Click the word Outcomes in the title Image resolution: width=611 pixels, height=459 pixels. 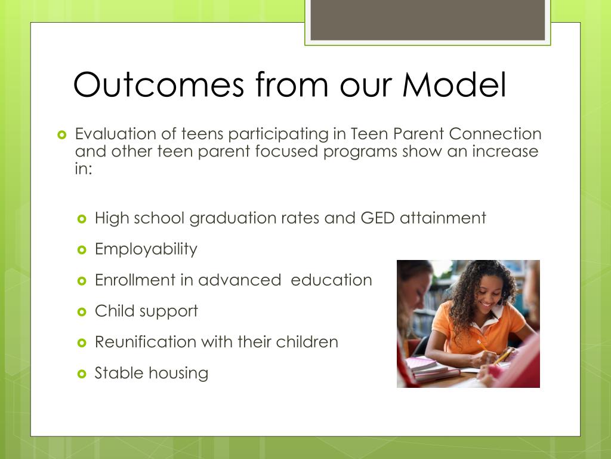click(159, 84)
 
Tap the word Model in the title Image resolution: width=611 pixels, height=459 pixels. click(454, 84)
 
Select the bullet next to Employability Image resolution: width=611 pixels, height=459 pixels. click(82, 249)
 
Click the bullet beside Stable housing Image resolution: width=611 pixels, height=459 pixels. click(82, 374)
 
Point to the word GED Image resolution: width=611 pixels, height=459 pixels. click(378, 218)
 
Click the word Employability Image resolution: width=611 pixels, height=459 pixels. click(146, 249)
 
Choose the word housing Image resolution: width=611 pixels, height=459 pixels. click(178, 373)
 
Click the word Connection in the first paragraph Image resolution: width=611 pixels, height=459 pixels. click(495, 134)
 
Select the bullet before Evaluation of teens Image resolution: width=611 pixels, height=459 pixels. click(62, 135)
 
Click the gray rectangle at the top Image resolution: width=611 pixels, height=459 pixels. click(427, 20)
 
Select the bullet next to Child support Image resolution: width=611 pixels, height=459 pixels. click(82, 312)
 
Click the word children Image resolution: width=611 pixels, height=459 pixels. click(307, 342)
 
